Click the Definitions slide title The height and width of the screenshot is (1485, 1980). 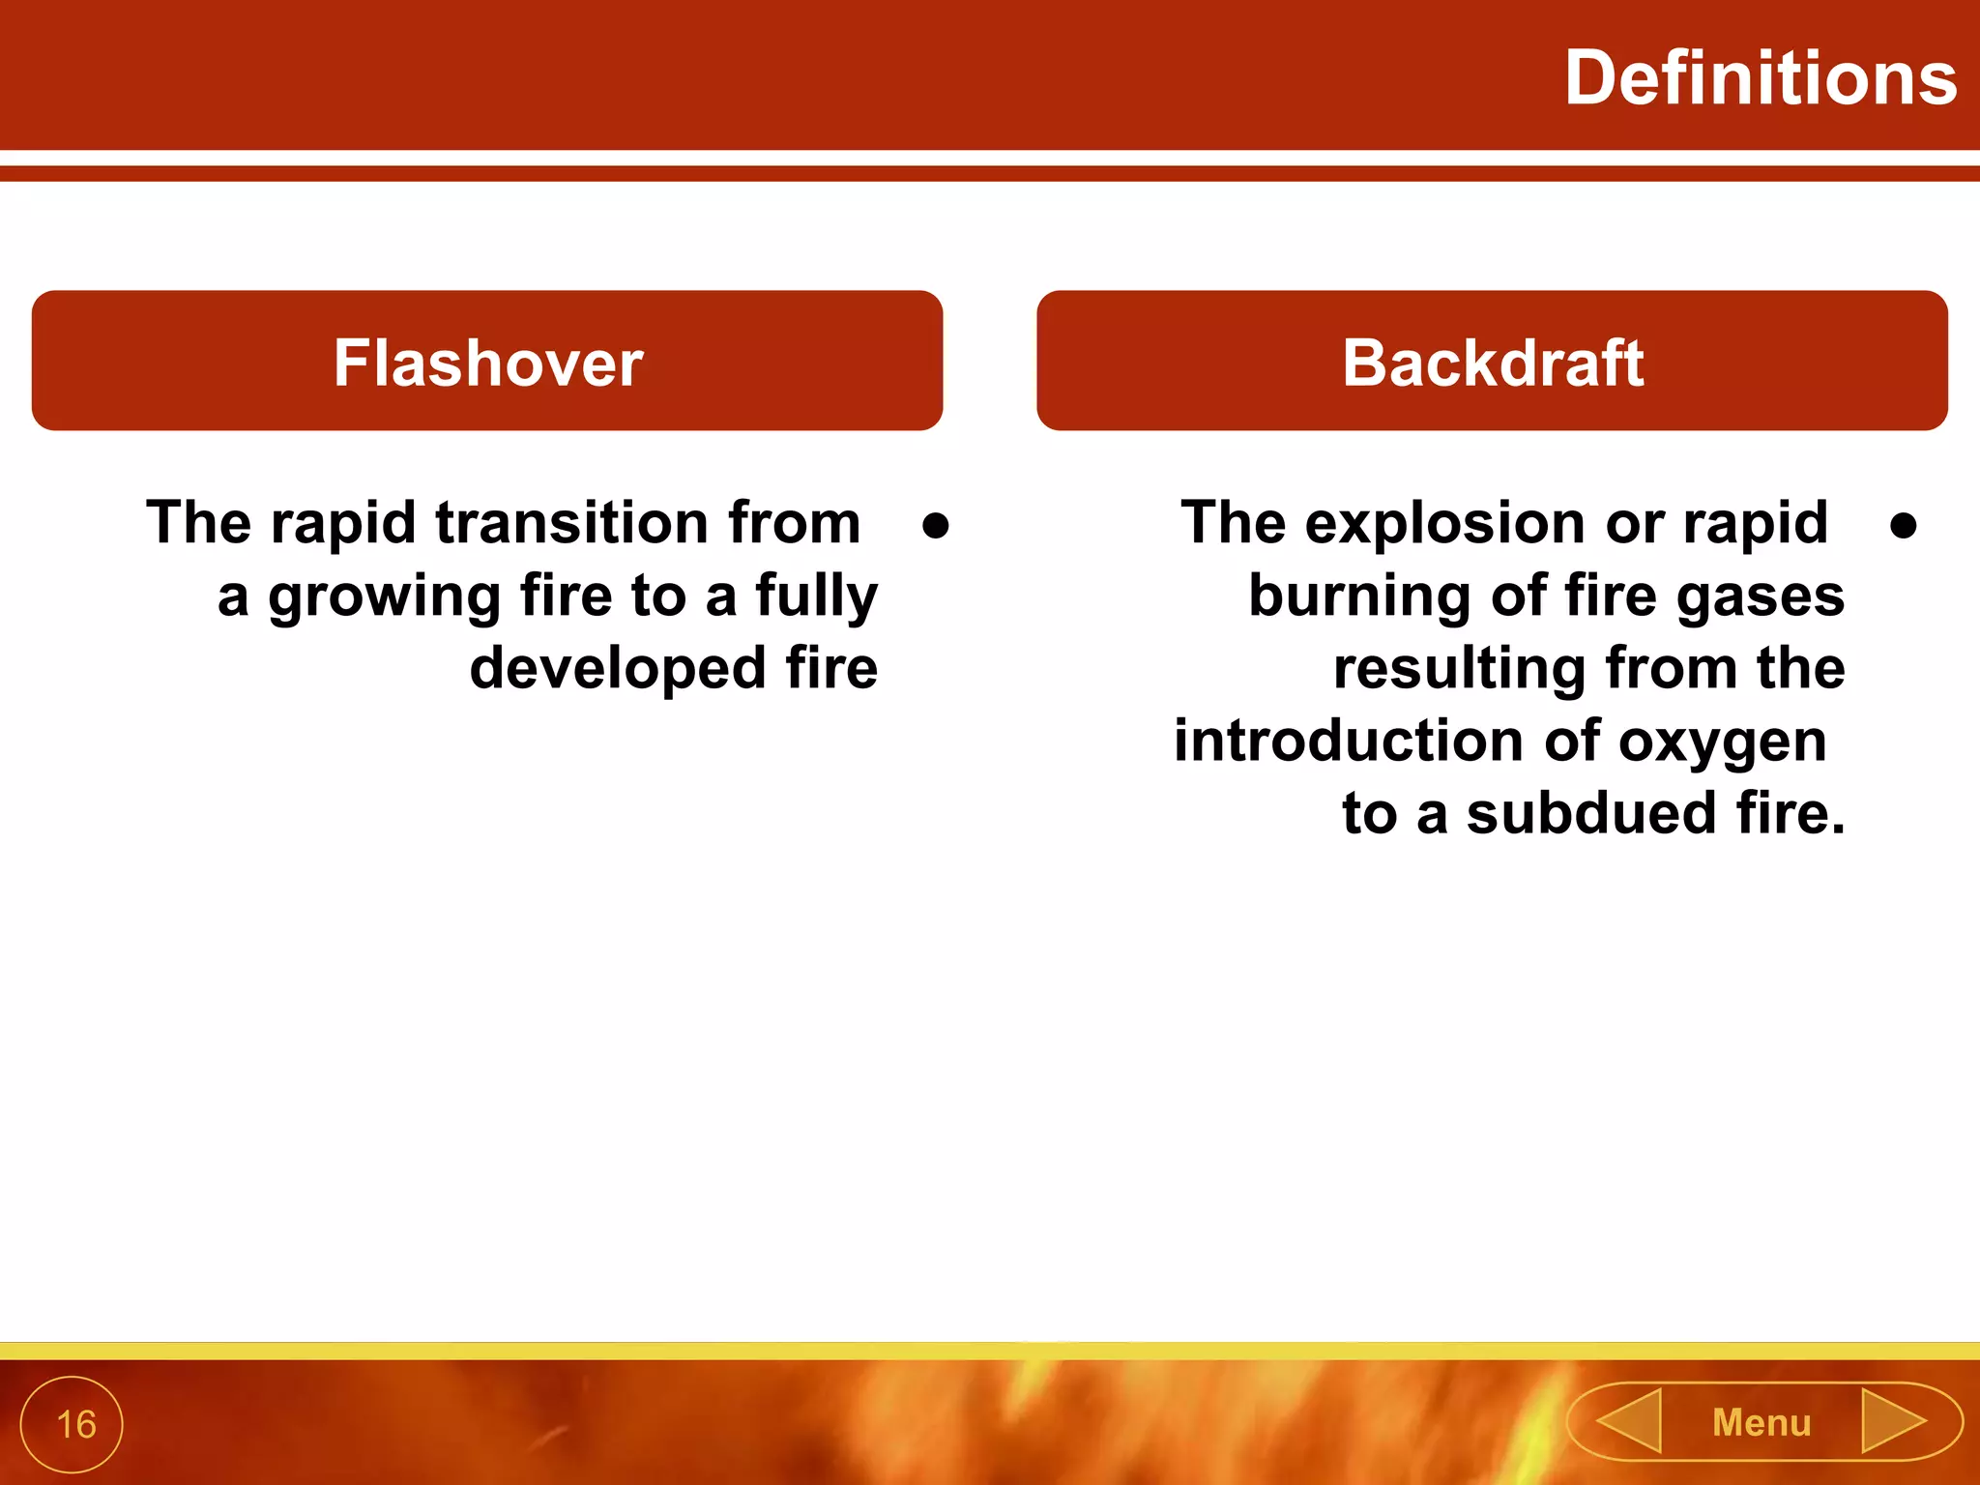tap(1760, 79)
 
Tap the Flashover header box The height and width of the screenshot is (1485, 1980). tap(487, 362)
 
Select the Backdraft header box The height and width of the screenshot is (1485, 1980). tap(1492, 362)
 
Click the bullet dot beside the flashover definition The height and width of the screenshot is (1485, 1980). tap(935, 526)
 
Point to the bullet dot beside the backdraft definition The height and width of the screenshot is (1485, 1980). tap(1903, 526)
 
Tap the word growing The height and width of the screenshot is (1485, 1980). tap(384, 597)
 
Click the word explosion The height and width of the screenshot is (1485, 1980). tap(1446, 523)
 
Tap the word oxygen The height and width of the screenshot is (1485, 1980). tap(1723, 742)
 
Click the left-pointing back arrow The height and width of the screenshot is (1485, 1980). tap(1630, 1420)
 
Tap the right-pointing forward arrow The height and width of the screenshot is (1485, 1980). tap(1893, 1420)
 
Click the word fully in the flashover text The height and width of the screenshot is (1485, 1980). tap(817, 597)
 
